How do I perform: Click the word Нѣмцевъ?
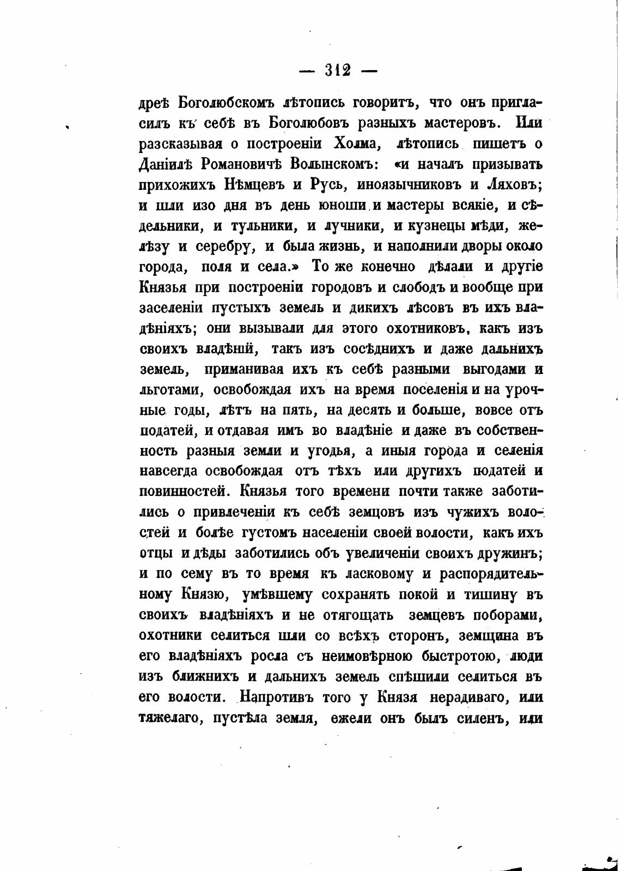250,184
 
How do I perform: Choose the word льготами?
172,390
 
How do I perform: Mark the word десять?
366,410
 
